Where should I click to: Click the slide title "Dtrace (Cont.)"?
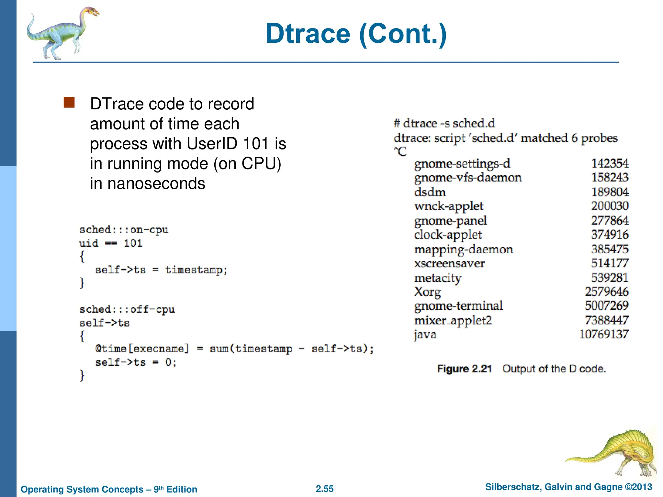356,34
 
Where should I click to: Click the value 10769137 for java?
604,334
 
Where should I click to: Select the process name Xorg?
427,292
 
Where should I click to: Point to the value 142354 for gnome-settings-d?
610,163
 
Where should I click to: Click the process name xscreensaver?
449,263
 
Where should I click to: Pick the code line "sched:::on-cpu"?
124,230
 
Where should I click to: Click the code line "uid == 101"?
111,243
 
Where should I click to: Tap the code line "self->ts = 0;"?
136,362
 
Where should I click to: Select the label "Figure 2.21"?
465,369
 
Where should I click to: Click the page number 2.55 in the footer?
325,489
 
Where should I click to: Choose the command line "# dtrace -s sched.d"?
444,123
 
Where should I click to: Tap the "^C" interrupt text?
400,151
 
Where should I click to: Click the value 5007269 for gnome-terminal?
607,305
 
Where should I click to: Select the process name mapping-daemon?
464,249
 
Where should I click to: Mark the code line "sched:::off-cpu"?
127,309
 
